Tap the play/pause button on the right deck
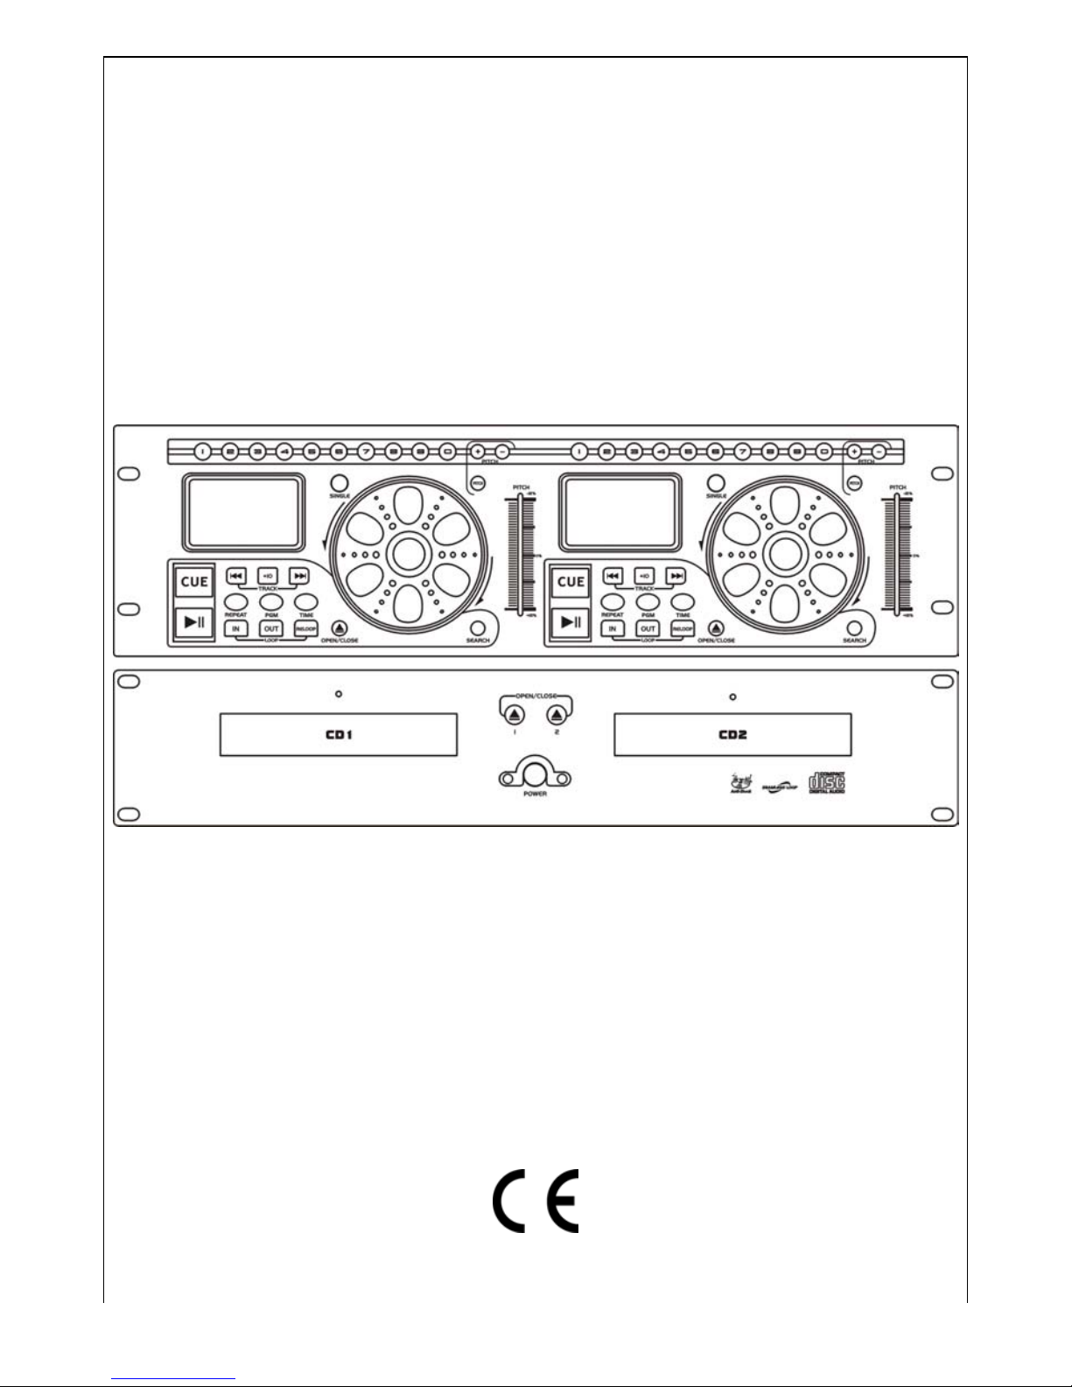(571, 622)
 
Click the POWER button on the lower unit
(535, 773)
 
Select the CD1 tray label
(338, 734)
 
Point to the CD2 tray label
(732, 734)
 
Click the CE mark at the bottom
(535, 1201)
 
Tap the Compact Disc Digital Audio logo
(826, 781)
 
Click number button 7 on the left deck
(366, 452)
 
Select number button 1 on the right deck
(578, 452)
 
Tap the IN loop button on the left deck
(235, 628)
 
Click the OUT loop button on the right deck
(648, 628)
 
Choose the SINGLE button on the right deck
(717, 483)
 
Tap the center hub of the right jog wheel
(782, 553)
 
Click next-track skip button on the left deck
(299, 576)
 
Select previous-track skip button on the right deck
(613, 576)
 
